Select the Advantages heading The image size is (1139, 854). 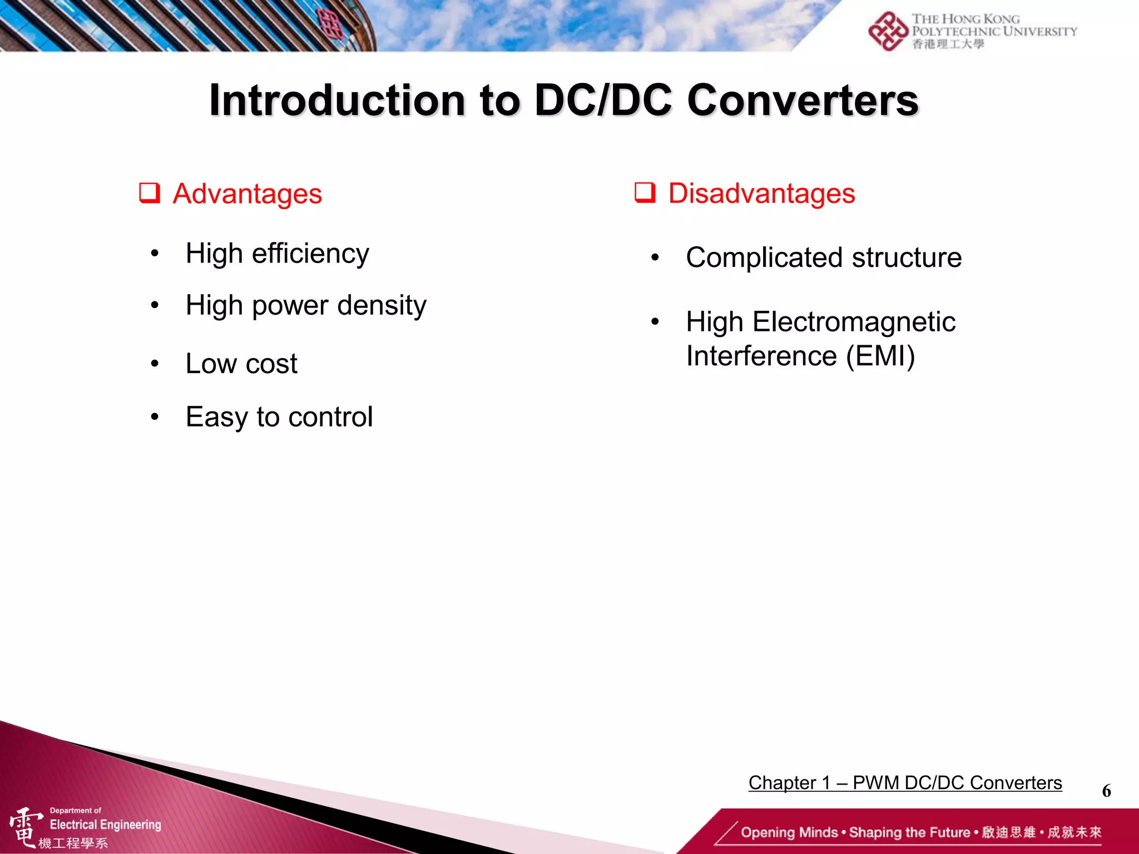pos(247,194)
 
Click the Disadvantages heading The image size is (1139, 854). pos(761,193)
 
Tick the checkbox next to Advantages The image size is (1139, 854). pos(150,193)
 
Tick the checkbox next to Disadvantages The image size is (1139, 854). pos(645,193)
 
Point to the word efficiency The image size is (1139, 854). pos(310,254)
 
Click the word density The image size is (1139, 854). pos(382,305)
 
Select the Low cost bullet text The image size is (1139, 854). pos(241,364)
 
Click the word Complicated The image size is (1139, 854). pos(764,257)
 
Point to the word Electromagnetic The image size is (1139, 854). pos(854,322)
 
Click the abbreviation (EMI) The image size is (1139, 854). pos(880,356)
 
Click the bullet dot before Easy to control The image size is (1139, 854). pos(155,416)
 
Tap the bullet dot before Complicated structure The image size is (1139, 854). pos(655,257)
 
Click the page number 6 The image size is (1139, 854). pos(1106,791)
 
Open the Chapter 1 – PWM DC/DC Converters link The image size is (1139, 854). pos(905,783)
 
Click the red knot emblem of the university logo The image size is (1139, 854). pos(888,31)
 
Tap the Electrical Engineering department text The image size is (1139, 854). pos(105,825)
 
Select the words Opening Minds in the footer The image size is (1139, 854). pos(789,832)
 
